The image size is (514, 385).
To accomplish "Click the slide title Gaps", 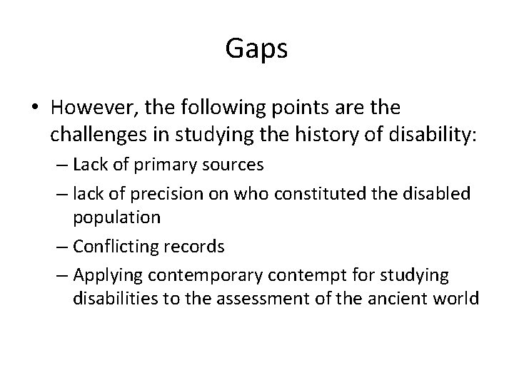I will pos(257,48).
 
